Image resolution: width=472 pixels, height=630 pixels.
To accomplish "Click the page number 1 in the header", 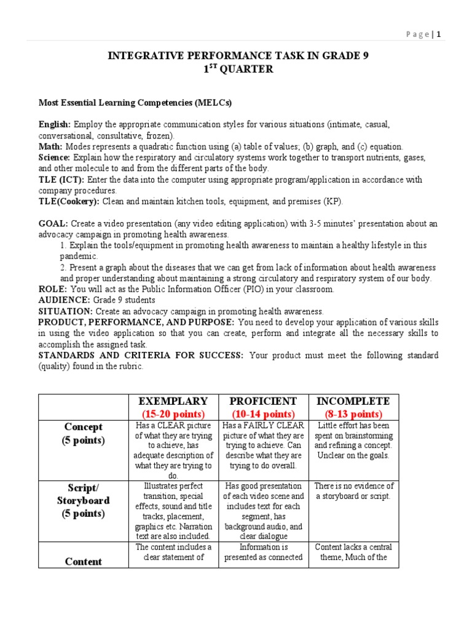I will click(439, 34).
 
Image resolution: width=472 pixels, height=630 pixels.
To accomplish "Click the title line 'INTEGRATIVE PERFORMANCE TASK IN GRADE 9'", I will click(238, 57).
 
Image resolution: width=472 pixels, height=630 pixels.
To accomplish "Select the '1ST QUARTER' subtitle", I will click(238, 70).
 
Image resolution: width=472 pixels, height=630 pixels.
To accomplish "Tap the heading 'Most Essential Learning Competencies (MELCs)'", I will click(135, 102).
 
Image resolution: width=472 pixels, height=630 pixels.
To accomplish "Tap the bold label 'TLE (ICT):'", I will click(62, 180).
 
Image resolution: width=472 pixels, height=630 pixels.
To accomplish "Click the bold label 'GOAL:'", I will click(53, 224).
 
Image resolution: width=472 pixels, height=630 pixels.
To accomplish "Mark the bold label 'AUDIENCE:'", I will click(65, 300).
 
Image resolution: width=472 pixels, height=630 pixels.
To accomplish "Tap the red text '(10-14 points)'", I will click(263, 413).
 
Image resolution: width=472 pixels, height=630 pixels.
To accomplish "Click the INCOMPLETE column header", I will click(353, 401).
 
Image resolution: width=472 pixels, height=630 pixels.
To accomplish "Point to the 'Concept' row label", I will click(83, 427).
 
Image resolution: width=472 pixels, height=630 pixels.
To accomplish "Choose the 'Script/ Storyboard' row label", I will click(83, 500).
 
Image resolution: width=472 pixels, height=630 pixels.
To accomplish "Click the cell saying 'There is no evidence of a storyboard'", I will click(353, 491).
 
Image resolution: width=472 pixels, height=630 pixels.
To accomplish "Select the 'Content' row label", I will click(83, 561).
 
